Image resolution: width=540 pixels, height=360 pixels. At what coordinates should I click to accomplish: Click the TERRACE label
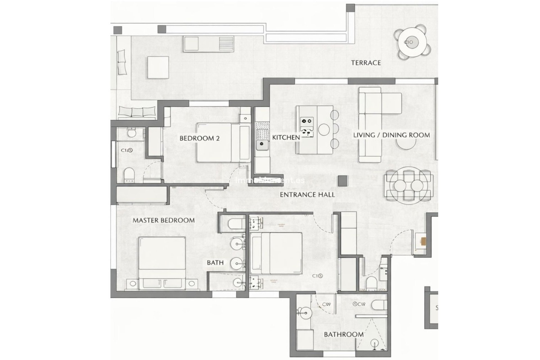pyautogui.click(x=366, y=63)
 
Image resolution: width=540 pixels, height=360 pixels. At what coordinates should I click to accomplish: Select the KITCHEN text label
pyautogui.click(x=286, y=138)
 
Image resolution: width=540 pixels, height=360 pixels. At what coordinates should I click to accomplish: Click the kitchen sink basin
pyautogui.click(x=262, y=145)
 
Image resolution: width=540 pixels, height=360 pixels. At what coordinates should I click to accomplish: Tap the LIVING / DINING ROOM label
pyautogui.click(x=391, y=135)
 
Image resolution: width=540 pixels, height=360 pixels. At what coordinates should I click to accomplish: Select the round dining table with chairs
pyautogui.click(x=408, y=186)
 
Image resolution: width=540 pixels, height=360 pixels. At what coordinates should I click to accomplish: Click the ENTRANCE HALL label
pyautogui.click(x=307, y=195)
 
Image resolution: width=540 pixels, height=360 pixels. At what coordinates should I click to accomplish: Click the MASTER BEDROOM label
pyautogui.click(x=163, y=220)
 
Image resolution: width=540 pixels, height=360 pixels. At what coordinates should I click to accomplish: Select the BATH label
pyautogui.click(x=215, y=263)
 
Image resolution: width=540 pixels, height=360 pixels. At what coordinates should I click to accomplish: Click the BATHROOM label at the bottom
pyautogui.click(x=343, y=335)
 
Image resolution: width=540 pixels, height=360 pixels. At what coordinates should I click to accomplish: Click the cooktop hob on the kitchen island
pyautogui.click(x=307, y=121)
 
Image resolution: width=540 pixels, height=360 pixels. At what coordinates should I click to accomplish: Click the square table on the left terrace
pyautogui.click(x=158, y=67)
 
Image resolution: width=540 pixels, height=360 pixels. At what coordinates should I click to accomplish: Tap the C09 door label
pyautogui.click(x=326, y=304)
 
